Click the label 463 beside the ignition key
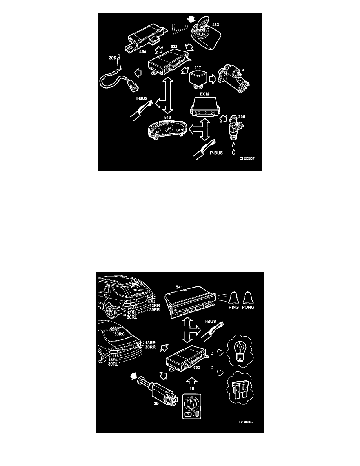coord(216,25)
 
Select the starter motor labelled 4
coord(234,78)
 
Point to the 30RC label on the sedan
coord(120,335)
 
